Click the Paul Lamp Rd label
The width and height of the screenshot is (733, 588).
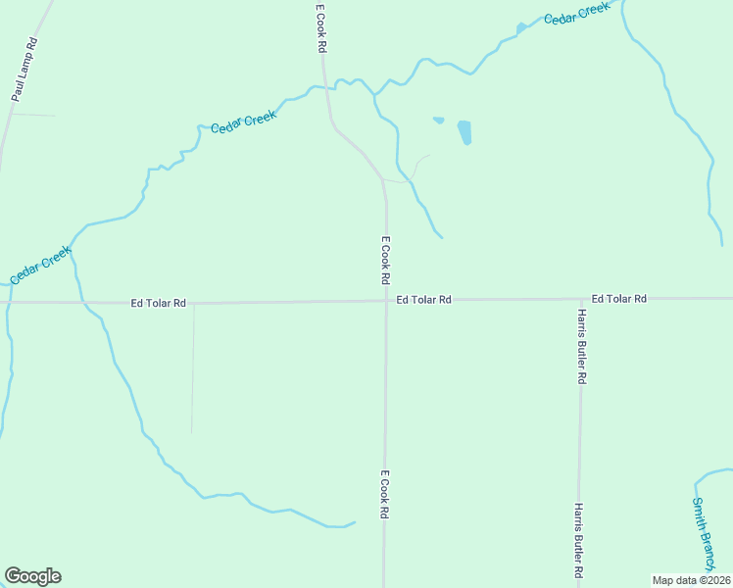pos(24,70)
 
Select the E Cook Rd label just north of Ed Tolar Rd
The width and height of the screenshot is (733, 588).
pos(386,261)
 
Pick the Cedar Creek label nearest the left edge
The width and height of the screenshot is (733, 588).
pos(41,265)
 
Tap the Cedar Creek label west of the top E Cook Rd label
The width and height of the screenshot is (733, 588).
pos(244,122)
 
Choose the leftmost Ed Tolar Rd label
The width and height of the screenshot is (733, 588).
pos(158,304)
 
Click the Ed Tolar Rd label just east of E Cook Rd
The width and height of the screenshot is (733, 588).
pos(423,300)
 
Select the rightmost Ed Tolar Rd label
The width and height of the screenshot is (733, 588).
pos(618,298)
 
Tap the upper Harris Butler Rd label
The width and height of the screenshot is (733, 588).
pos(581,346)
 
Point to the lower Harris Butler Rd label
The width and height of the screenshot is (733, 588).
pos(580,540)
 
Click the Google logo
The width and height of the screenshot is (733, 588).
pos(32,576)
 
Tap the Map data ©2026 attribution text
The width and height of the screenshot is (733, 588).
pos(691,580)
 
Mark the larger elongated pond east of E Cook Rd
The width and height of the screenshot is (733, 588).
pos(464,132)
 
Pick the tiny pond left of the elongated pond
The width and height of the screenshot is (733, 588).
pos(438,121)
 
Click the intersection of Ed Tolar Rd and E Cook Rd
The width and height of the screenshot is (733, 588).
pos(385,301)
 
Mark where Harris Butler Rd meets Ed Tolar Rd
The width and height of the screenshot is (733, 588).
pos(580,299)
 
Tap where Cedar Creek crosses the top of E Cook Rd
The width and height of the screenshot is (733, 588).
pos(324,88)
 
